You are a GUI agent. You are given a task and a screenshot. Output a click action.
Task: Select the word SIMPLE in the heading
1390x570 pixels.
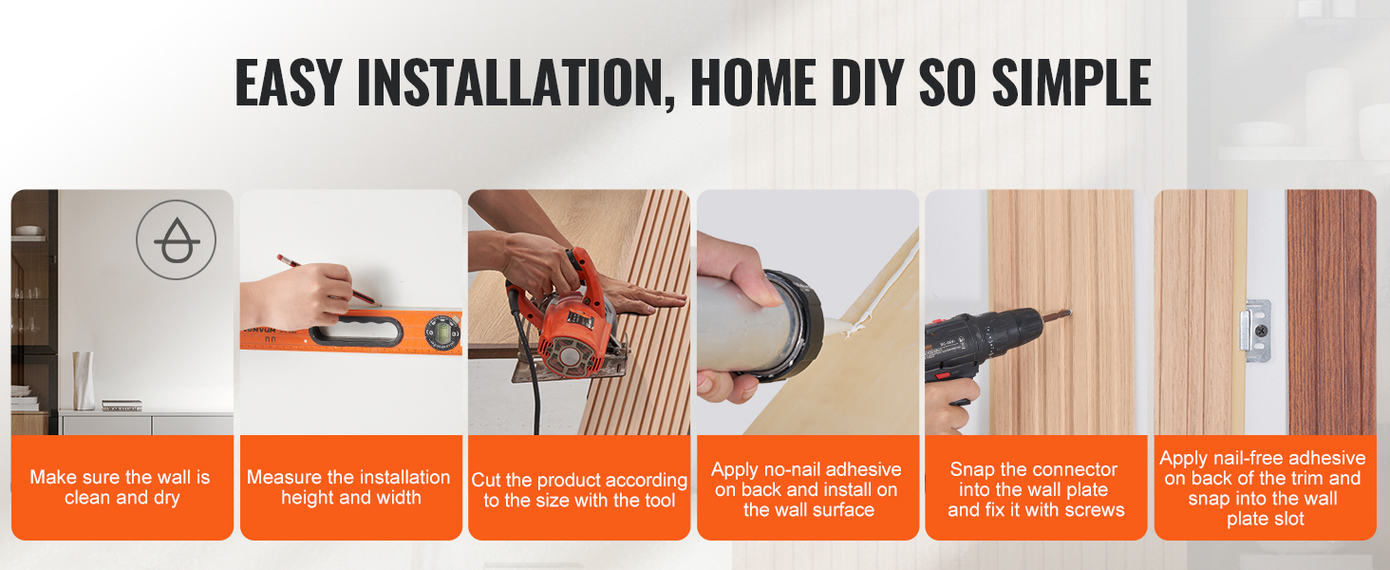[1072, 82]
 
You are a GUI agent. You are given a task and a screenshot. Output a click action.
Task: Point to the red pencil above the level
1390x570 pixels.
[329, 280]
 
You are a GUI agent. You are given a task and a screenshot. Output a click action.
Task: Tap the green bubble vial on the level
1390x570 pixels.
[443, 332]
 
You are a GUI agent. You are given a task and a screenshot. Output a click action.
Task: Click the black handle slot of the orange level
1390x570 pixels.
[356, 330]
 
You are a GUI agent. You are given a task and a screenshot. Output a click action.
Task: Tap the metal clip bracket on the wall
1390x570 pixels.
[1255, 331]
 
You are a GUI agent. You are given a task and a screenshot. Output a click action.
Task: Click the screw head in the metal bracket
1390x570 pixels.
[1260, 331]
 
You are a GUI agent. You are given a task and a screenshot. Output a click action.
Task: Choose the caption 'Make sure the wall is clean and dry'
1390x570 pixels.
[122, 487]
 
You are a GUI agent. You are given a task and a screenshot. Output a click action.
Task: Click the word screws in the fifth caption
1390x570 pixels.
[1094, 510]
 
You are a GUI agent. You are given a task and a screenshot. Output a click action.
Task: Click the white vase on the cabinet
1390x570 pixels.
[84, 381]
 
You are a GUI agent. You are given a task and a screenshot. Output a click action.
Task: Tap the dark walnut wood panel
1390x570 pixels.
[1332, 312]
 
